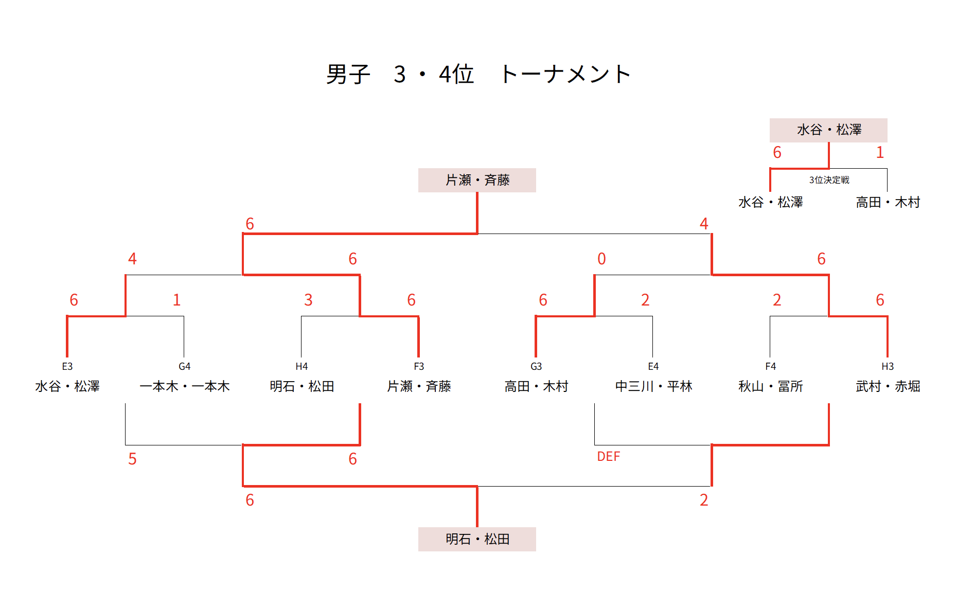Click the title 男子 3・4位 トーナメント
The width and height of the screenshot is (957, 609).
tap(478, 75)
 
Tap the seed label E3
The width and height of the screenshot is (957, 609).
tap(67, 366)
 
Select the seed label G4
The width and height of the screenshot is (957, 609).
tap(184, 366)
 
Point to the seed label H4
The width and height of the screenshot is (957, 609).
tap(302, 366)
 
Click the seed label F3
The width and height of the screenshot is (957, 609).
tap(419, 366)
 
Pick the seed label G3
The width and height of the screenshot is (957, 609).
tap(536, 366)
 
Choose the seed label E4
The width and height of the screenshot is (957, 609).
tap(653, 366)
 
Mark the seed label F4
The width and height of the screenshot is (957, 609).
tap(770, 366)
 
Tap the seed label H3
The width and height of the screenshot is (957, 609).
tap(888, 366)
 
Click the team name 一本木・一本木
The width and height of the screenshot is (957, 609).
tap(184, 386)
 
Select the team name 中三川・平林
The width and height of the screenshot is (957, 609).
tap(653, 386)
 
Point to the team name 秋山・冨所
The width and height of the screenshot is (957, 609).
tap(770, 386)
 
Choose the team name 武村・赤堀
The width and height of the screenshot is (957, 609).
tap(888, 386)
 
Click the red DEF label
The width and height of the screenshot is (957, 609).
tap(608, 456)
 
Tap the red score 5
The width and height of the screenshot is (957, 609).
tap(132, 459)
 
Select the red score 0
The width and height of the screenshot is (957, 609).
tap(601, 259)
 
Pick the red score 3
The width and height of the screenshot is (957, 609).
tap(308, 300)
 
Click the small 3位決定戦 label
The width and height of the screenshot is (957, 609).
tap(829, 180)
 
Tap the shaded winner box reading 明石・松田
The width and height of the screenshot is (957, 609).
tap(477, 539)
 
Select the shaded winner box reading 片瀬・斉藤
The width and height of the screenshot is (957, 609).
tap(477, 180)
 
